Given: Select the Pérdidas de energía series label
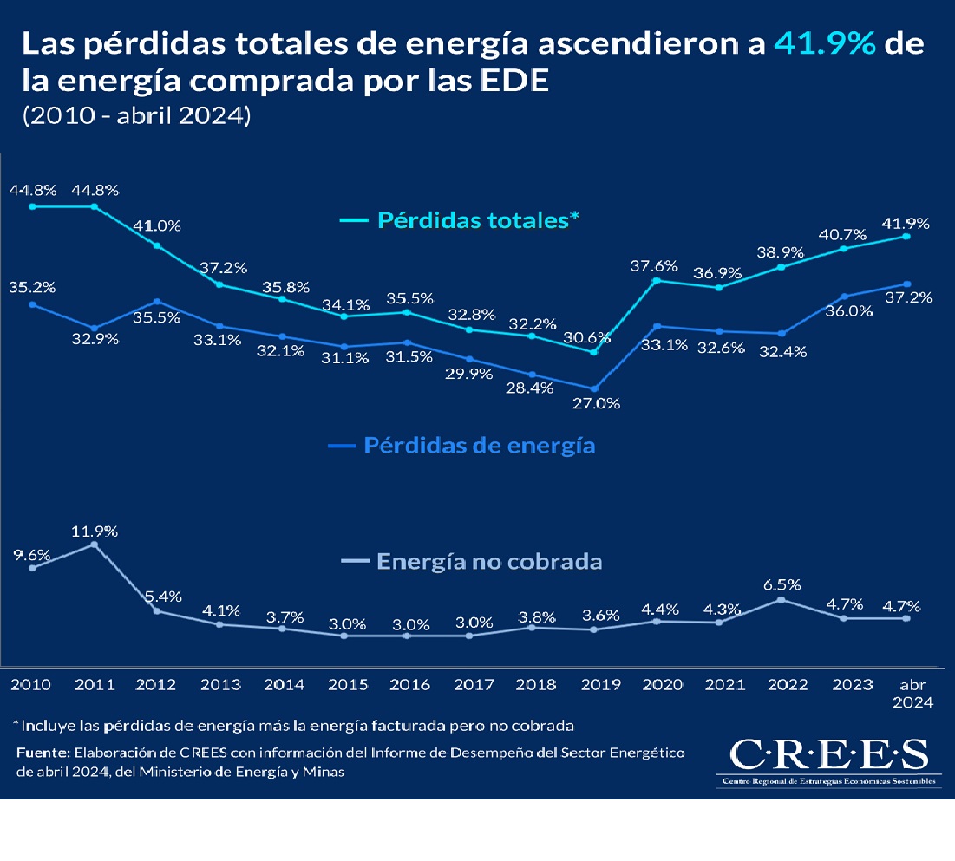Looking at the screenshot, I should (479, 446).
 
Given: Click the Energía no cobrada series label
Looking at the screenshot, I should (489, 562).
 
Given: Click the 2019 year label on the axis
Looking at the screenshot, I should (599, 685).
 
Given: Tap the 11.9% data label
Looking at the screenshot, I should (95, 531).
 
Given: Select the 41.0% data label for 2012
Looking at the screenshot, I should (157, 226).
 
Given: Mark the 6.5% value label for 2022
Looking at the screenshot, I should (782, 584).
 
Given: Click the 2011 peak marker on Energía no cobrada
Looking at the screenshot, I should (95, 545).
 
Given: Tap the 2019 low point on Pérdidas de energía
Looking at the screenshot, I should (594, 388).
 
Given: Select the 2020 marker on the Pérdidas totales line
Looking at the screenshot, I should (657, 280).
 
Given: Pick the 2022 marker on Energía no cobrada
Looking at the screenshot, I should (782, 599).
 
